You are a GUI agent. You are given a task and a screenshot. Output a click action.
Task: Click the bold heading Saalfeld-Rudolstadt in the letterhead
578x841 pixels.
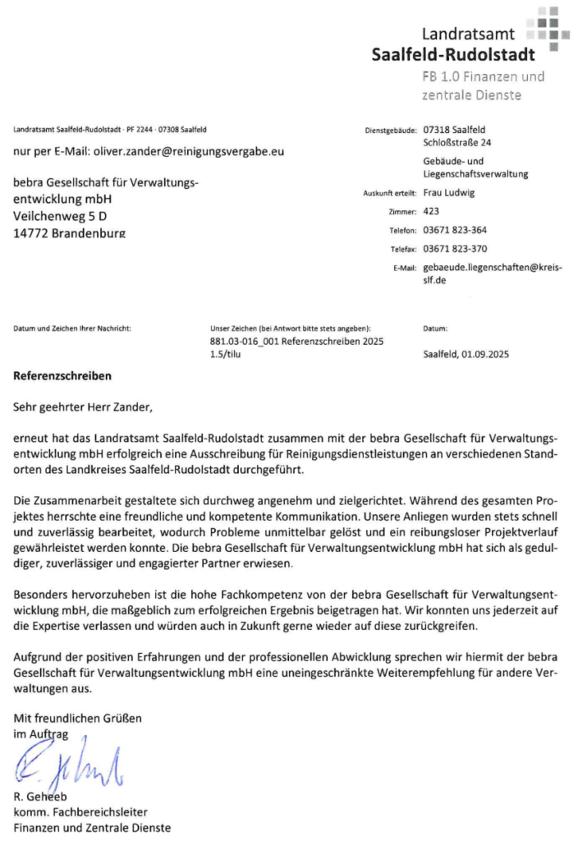(452, 54)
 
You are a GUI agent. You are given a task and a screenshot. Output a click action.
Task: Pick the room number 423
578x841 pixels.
(430, 211)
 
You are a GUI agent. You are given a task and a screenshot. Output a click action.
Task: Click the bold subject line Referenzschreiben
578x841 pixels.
(62, 377)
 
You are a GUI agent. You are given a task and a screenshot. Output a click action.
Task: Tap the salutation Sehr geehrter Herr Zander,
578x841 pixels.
(83, 405)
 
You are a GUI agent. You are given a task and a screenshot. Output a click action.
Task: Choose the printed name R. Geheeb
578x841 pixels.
(41, 799)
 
